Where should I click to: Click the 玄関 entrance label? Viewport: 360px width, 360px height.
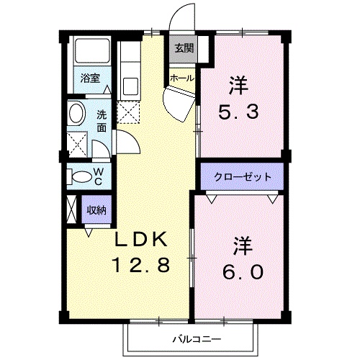pos(184,48)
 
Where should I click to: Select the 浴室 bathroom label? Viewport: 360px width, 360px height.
pos(90,78)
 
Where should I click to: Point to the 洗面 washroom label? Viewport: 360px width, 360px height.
pos(102,120)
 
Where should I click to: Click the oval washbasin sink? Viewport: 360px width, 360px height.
pos(77,114)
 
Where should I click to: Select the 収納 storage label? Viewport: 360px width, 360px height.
pos(96,210)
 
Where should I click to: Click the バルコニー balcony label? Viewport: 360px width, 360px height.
pos(194,338)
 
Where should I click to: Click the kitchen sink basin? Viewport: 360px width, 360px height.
pos(130,86)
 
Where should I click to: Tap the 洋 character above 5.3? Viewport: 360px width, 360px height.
pos(238,86)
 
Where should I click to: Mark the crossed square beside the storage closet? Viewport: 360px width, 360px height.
pos(71,210)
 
